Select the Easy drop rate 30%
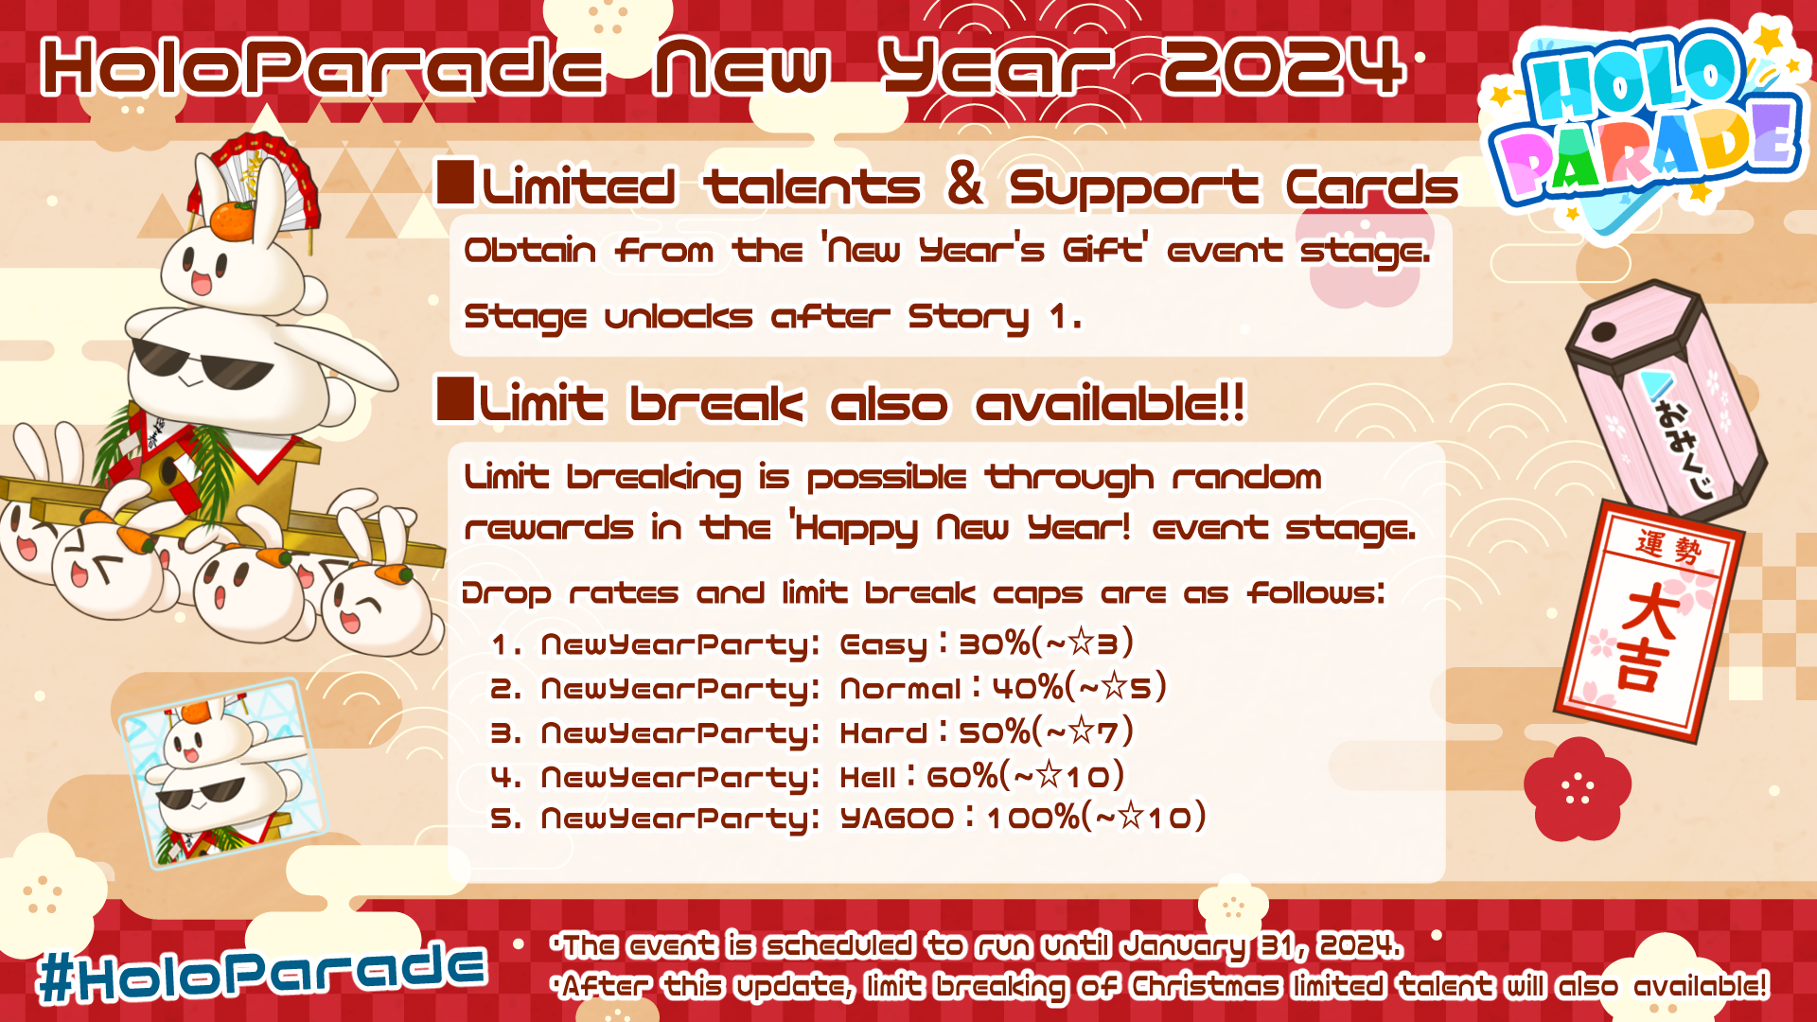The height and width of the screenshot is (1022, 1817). coord(995,644)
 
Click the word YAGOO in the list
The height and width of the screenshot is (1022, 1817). coord(897,818)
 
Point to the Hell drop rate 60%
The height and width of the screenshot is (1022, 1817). coord(963,777)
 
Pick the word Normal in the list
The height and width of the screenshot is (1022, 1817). coord(901,688)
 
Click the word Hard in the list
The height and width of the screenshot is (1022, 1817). coord(884,732)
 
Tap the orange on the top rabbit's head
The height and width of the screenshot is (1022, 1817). coord(233,220)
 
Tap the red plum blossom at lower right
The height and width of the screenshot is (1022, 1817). coord(1578,789)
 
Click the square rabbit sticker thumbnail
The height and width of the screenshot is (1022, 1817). coord(222,772)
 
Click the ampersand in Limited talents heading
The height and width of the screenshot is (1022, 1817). coord(964,183)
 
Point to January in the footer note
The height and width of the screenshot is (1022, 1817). coord(1185,946)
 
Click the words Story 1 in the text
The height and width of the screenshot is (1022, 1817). coord(994,317)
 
